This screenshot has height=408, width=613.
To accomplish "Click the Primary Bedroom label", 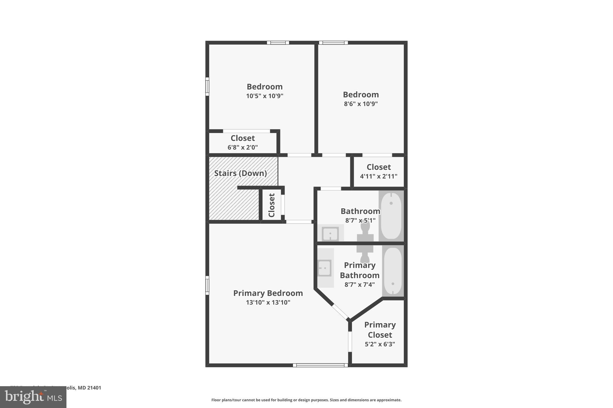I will pyautogui.click(x=268, y=293).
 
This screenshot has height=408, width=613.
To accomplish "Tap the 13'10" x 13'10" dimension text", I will pyautogui.click(x=268, y=302).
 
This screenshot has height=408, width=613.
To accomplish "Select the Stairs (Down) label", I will pyautogui.click(x=240, y=173).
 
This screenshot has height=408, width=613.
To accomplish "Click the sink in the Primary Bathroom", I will pyautogui.click(x=324, y=268).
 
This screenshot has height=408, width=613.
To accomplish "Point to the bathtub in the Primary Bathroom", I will pyautogui.click(x=393, y=271).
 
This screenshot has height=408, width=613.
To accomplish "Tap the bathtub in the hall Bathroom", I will pyautogui.click(x=391, y=216).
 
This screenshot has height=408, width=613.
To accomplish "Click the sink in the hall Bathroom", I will pyautogui.click(x=330, y=233).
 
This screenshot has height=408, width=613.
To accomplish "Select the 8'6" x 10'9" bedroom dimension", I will pyautogui.click(x=361, y=104).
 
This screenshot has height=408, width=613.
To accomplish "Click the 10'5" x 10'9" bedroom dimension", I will pyautogui.click(x=265, y=96).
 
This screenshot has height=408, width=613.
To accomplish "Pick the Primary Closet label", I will pyautogui.click(x=380, y=330).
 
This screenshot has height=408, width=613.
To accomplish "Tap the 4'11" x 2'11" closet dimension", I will pyautogui.click(x=379, y=176).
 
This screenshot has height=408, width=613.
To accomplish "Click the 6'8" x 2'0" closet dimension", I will pyautogui.click(x=242, y=147).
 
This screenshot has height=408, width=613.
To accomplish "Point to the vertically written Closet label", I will pyautogui.click(x=271, y=205).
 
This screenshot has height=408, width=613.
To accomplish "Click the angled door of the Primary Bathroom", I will pyautogui.click(x=341, y=312).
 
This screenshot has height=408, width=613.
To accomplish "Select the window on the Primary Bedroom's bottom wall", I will pyautogui.click(x=320, y=365).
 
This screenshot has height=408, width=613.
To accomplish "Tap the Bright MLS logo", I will pyautogui.click(x=33, y=397).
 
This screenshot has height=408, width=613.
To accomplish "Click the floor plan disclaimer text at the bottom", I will pyautogui.click(x=306, y=400).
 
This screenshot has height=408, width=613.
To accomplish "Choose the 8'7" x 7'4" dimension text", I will pyautogui.click(x=359, y=285).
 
